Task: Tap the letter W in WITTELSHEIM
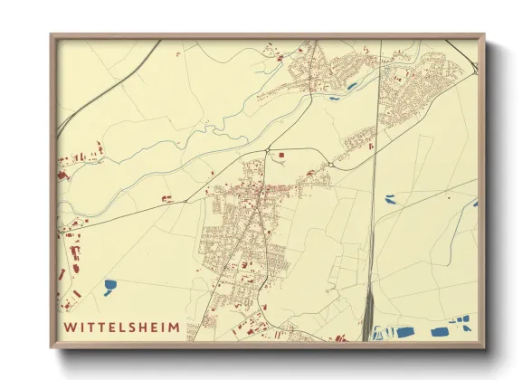(69, 325)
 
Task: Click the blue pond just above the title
(109, 285)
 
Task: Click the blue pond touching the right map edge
(474, 204)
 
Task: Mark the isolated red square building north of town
(280, 156)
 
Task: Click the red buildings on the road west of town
(166, 197)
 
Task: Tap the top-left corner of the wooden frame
(52, 35)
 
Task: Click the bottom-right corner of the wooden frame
(484, 347)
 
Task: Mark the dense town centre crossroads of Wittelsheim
(260, 191)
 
